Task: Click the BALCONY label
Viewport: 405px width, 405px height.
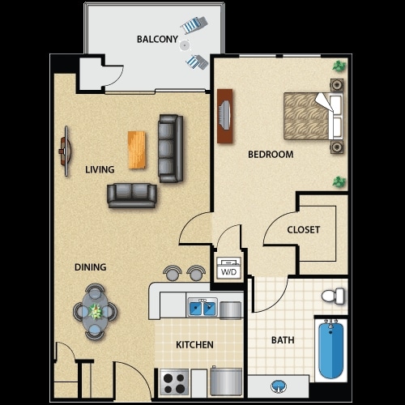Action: pyautogui.click(x=157, y=39)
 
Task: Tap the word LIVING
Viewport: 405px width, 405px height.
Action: pyautogui.click(x=100, y=169)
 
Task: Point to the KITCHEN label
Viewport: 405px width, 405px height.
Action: pyautogui.click(x=195, y=345)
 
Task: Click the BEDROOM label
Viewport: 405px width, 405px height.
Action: pyautogui.click(x=271, y=154)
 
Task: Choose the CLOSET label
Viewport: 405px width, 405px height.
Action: pyautogui.click(x=304, y=229)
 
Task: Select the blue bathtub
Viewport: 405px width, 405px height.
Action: pyautogui.click(x=332, y=350)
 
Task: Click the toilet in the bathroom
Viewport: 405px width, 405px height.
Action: pyautogui.click(x=333, y=296)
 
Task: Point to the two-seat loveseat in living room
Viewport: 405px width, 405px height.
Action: pyautogui.click(x=131, y=194)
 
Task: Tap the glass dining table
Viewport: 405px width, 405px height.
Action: pyautogui.click(x=96, y=309)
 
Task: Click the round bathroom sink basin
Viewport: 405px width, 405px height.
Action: pyautogui.click(x=278, y=386)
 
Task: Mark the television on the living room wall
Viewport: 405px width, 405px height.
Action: pyautogui.click(x=64, y=151)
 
